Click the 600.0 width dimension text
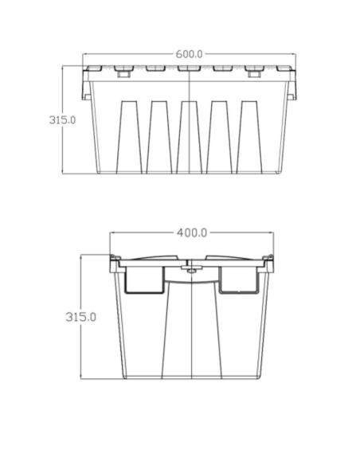pyautogui.click(x=190, y=54)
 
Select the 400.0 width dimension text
pyautogui.click(x=191, y=232)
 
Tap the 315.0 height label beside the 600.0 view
pyautogui.click(x=63, y=120)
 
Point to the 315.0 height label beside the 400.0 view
pyautogui.click(x=80, y=316)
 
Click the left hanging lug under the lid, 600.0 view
pyautogui.click(x=124, y=75)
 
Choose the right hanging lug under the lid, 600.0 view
pyautogui.click(x=254, y=75)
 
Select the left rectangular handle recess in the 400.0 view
pyautogui.click(x=144, y=279)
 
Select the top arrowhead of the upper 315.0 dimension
pyautogui.click(x=65, y=68)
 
